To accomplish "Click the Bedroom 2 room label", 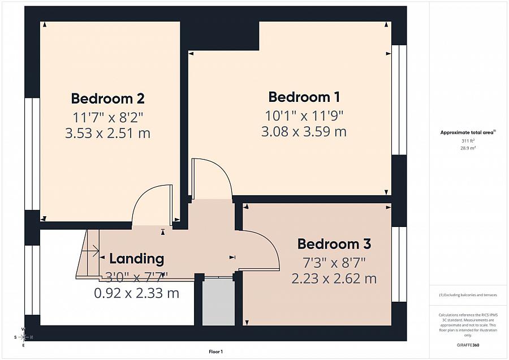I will pyautogui.click(x=107, y=98).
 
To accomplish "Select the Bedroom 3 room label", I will pyautogui.click(x=334, y=244).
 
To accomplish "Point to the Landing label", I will pyautogui.click(x=136, y=259).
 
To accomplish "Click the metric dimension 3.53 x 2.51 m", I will pyautogui.click(x=107, y=134).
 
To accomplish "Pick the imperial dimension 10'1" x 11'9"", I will pyautogui.click(x=304, y=115).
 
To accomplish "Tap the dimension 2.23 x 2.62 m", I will pyautogui.click(x=334, y=278).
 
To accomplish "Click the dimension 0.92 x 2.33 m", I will pyautogui.click(x=136, y=293).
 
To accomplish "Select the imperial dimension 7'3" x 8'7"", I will pyautogui.click(x=334, y=262).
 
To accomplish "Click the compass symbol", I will pyautogui.click(x=23, y=337).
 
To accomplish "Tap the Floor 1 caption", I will pyautogui.click(x=215, y=352).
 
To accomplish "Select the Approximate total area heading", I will pyautogui.click(x=467, y=132).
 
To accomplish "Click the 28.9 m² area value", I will pyautogui.click(x=468, y=147).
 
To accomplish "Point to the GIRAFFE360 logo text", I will pyautogui.click(x=468, y=345).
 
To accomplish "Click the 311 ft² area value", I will pyautogui.click(x=468, y=140).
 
